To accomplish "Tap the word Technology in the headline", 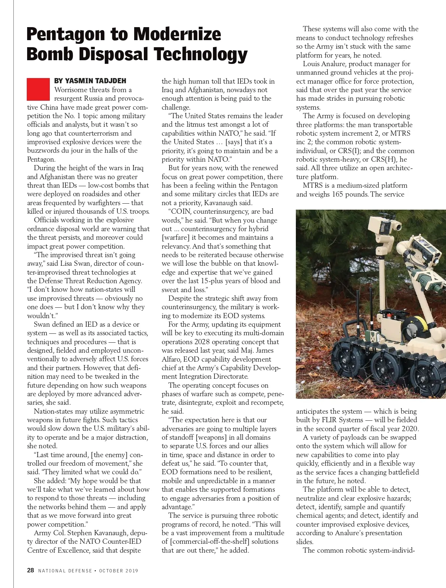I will (201, 54).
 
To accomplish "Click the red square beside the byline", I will (38, 89).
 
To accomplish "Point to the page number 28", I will (30, 570).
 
